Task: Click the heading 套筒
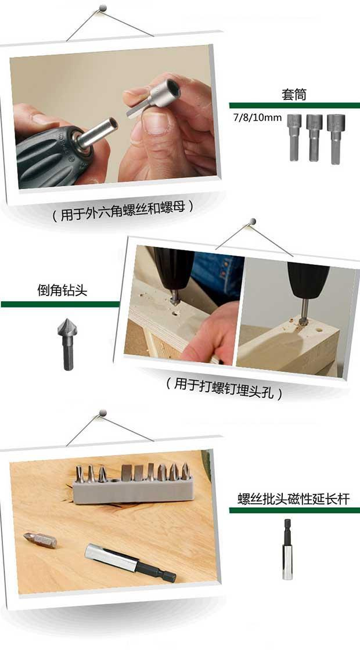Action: (x=294, y=95)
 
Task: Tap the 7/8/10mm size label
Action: (x=257, y=117)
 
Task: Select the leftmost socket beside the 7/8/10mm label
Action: (x=294, y=137)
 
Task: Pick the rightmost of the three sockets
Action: (x=336, y=139)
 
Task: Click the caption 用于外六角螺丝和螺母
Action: (x=123, y=215)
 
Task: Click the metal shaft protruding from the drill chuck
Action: (x=98, y=131)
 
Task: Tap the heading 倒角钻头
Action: (x=62, y=290)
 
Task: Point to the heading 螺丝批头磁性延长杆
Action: (x=294, y=499)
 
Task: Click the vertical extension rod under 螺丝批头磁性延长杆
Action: (x=287, y=549)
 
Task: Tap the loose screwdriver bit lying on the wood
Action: (x=40, y=540)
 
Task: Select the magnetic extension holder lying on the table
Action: (x=130, y=562)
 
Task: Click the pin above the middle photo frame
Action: (x=253, y=221)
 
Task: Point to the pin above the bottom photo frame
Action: (x=102, y=413)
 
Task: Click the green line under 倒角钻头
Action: (x=60, y=304)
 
